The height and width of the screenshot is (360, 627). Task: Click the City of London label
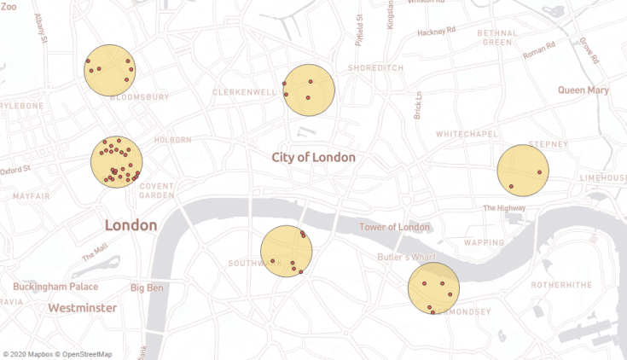pos(313,157)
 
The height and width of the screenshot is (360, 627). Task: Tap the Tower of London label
pos(394,227)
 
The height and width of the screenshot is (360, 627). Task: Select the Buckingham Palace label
pos(55,287)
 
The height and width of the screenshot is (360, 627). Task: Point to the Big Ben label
pos(147,287)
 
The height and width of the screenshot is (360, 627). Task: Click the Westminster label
pos(82,307)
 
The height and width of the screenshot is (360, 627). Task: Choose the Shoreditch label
pos(375,68)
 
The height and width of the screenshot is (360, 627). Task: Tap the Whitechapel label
pos(466,135)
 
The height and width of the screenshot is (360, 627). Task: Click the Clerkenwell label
pos(245,91)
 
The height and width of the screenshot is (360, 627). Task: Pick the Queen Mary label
pos(583,90)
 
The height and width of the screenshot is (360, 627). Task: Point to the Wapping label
pos(485,243)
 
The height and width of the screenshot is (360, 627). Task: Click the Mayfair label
pos(31,196)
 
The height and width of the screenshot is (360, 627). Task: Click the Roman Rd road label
pos(539,51)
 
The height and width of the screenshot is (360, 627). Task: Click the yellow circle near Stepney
pos(523,171)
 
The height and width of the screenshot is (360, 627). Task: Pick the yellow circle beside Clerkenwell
pos(309,90)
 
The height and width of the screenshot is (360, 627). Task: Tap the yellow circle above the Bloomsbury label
pos(110,70)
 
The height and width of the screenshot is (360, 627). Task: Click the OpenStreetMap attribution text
pos(84,354)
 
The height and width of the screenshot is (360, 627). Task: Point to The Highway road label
pos(504,207)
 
